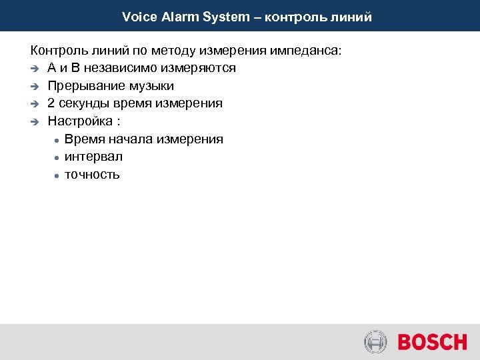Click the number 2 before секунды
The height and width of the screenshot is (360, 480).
tap(51, 103)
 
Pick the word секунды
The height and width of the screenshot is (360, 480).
tap(84, 103)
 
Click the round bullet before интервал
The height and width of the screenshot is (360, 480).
tap(59, 157)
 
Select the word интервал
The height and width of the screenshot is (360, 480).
tap(93, 157)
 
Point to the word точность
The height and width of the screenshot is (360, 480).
tap(92, 175)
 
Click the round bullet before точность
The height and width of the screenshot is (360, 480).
tap(59, 175)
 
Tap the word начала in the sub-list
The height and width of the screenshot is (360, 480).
tap(132, 139)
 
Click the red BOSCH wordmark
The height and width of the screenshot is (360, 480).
tap(432, 342)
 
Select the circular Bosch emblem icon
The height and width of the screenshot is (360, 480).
tap(375, 342)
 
